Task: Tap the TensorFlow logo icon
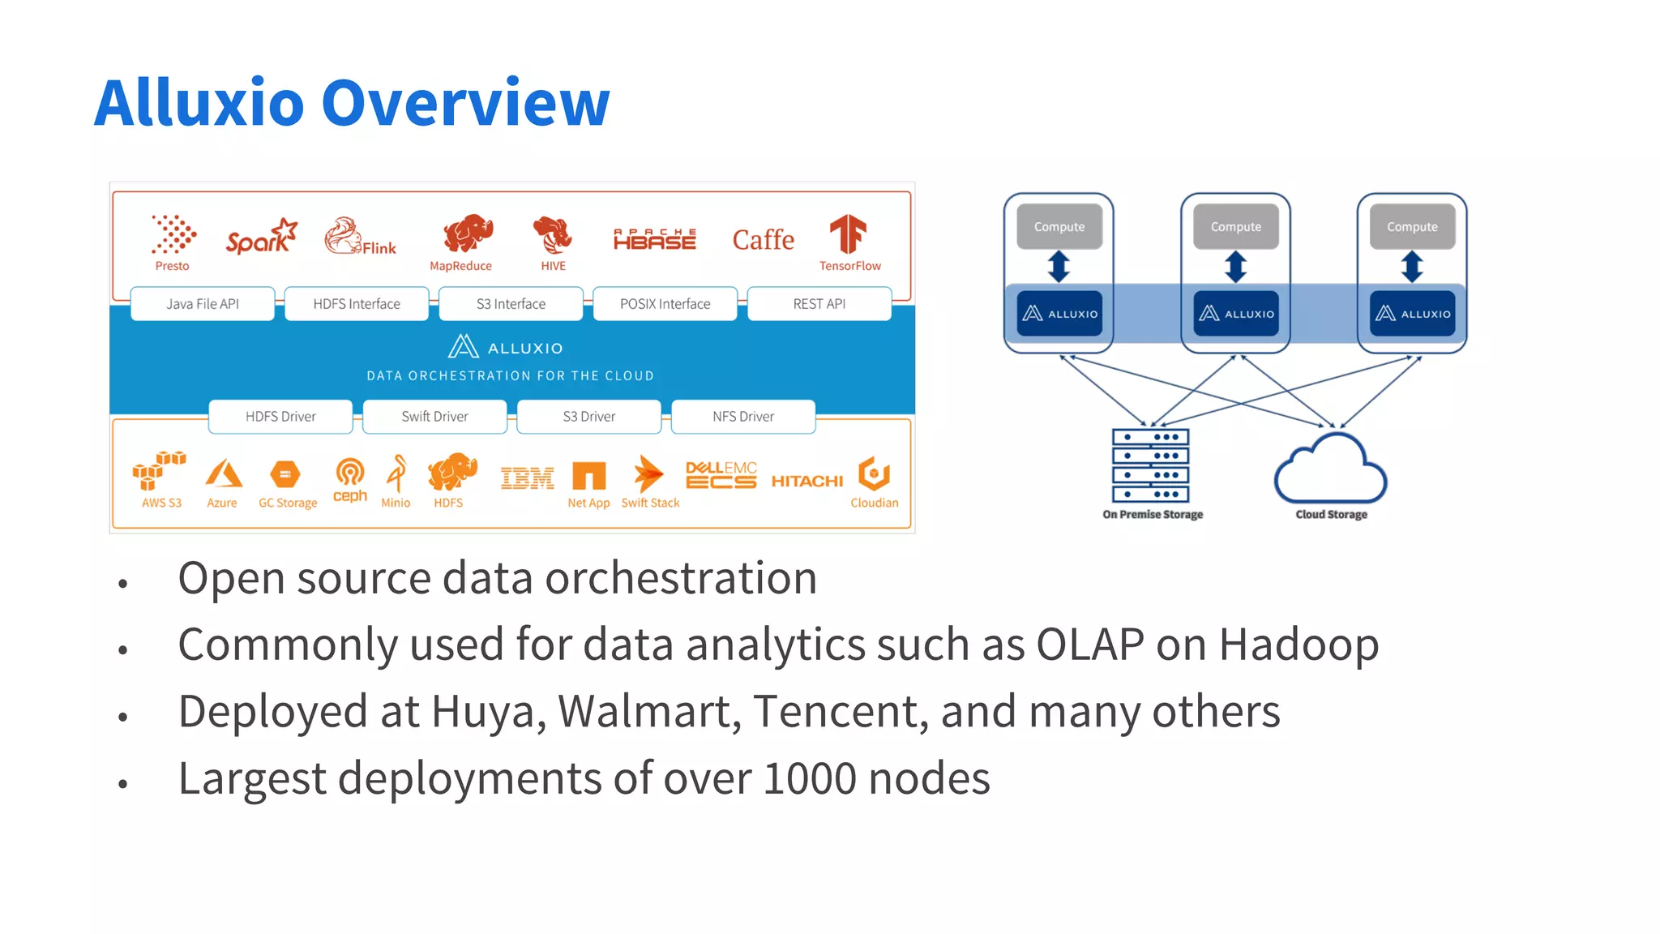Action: coord(848,234)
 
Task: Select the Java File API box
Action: coord(203,304)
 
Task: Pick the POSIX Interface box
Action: coord(665,304)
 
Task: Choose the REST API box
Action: coord(819,304)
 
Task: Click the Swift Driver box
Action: coord(434,417)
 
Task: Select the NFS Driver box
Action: coord(742,417)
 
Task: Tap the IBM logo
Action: coord(527,478)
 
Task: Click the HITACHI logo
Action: coord(806,481)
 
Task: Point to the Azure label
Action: coord(221,503)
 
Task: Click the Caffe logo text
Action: coord(763,240)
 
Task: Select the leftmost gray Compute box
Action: coord(1059,227)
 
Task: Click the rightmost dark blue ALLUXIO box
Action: coord(1412,314)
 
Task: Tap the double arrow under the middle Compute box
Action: coord(1235,266)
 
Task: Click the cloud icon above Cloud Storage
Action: coord(1330,470)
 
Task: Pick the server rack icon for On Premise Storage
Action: coord(1150,465)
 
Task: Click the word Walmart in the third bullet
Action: coord(649,712)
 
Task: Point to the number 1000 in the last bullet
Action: coord(809,778)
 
